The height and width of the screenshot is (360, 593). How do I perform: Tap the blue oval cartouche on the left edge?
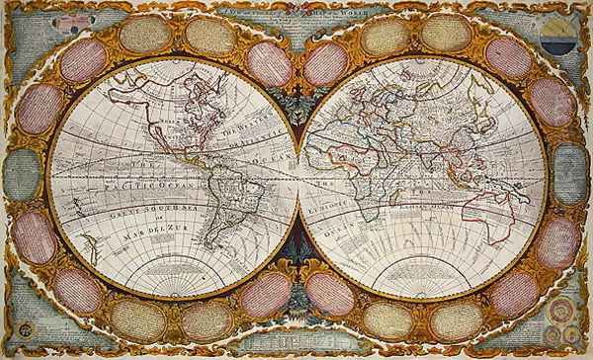[x=21, y=175]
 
